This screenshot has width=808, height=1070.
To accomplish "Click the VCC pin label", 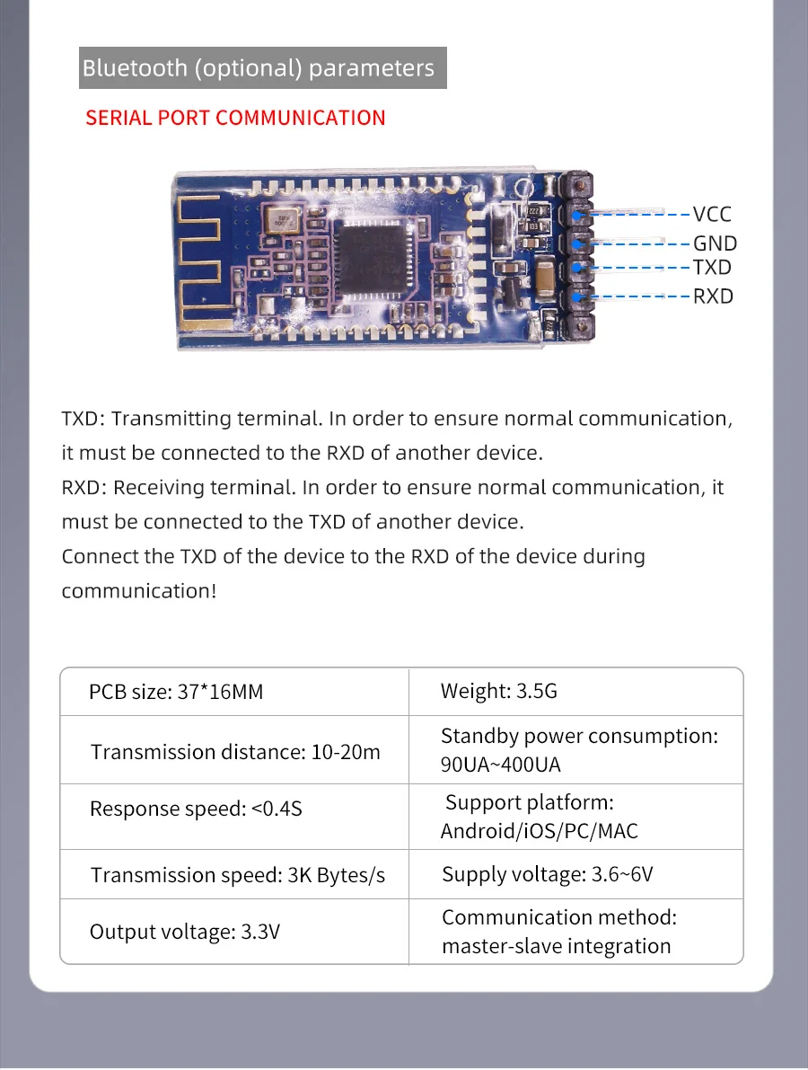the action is [x=712, y=215].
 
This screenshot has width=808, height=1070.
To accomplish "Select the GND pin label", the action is [x=715, y=243].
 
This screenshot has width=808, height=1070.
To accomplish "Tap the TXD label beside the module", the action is [x=712, y=268].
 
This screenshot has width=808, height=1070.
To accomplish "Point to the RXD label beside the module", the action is [x=713, y=296].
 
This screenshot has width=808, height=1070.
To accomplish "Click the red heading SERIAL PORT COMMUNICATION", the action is [x=235, y=119].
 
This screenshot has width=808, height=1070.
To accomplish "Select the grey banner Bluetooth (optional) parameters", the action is [x=262, y=68].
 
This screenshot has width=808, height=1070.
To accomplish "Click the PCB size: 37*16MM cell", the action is [x=176, y=693].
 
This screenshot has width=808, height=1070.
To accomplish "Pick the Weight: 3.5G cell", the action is [x=498, y=692].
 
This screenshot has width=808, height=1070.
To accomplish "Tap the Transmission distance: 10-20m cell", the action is [x=235, y=752].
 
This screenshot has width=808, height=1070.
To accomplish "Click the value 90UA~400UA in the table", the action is [x=500, y=765].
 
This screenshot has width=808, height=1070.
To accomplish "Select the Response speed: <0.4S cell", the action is [x=196, y=809].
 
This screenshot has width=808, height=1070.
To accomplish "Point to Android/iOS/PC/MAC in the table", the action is [x=539, y=831].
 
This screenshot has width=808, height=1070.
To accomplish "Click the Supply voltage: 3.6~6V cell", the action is [x=547, y=874].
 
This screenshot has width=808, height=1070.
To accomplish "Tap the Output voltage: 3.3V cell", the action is [x=185, y=933].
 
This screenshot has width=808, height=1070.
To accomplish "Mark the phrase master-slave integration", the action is [x=556, y=947].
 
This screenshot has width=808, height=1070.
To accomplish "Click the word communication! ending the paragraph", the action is [x=139, y=591].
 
